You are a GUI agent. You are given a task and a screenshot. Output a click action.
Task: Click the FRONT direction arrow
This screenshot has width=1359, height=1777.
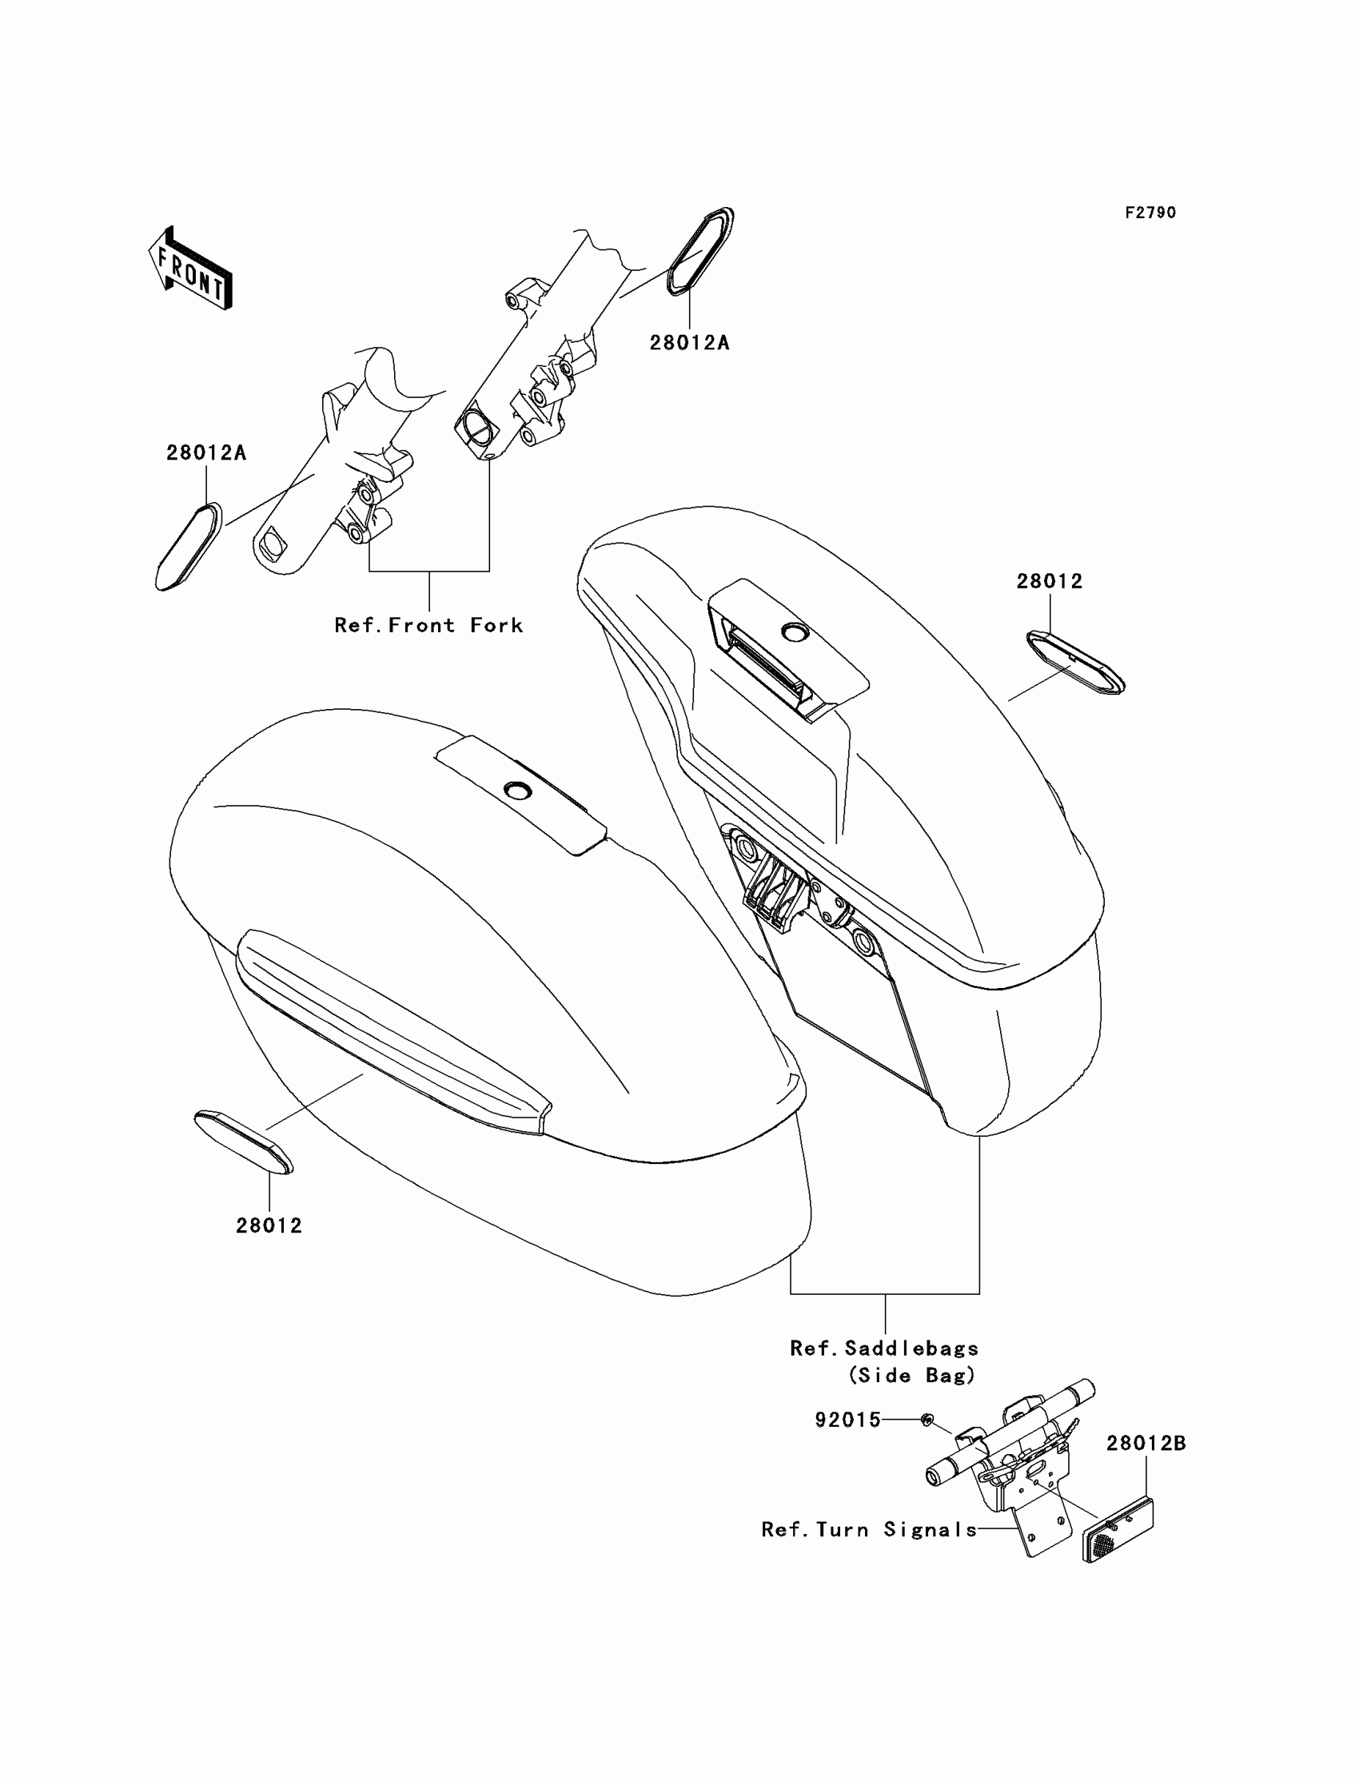191,269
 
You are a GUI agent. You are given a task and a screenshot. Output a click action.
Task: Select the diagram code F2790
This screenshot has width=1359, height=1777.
1150,213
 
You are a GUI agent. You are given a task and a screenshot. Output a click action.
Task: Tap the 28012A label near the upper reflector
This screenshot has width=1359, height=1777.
689,343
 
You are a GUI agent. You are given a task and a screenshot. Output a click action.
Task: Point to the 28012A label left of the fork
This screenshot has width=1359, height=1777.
206,453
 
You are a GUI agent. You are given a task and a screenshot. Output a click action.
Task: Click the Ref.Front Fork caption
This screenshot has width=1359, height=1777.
428,625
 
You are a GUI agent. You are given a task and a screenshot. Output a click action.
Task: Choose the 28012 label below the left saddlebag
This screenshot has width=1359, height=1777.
269,1225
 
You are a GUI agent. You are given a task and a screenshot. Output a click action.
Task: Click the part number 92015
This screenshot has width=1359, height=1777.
847,1420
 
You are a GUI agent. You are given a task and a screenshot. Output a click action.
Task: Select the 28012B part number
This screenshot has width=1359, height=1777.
1146,1443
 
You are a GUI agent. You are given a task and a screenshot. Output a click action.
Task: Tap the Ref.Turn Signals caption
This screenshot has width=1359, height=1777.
869,1529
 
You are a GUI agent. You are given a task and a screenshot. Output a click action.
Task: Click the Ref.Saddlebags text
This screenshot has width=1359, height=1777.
884,1349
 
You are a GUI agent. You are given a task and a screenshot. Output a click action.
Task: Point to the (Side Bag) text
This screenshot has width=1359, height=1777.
911,1375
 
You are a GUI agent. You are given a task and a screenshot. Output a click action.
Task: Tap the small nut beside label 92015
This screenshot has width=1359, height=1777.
928,1419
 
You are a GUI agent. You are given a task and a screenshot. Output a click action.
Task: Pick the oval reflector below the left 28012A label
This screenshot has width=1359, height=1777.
189,546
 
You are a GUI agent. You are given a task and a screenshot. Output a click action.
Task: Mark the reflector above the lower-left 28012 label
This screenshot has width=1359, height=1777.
244,1142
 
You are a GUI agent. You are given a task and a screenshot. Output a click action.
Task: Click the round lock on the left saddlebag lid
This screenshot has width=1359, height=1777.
516,789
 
